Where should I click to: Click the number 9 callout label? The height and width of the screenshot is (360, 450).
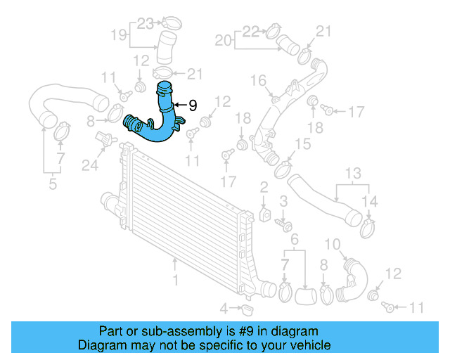click(x=193, y=105)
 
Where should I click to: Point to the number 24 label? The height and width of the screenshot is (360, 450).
click(x=89, y=165)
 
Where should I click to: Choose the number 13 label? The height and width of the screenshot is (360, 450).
click(x=352, y=172)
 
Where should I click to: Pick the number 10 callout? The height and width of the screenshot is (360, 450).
click(x=334, y=244)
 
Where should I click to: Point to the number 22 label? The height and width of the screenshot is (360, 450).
click(x=251, y=30)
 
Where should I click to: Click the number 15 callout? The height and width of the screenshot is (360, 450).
click(x=302, y=144)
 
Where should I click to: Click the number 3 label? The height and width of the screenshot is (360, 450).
click(x=283, y=202)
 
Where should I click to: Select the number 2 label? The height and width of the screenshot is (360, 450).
click(x=264, y=187)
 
